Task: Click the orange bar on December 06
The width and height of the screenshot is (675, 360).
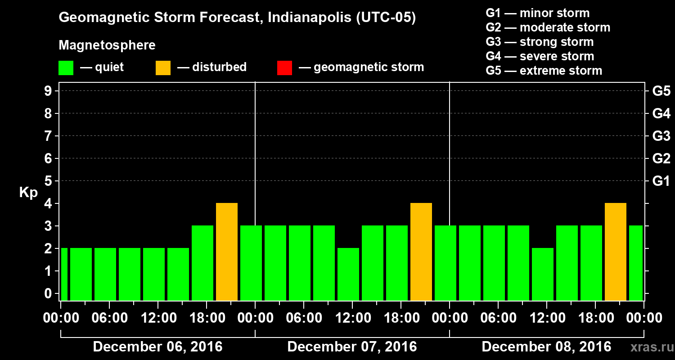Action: click(227, 252)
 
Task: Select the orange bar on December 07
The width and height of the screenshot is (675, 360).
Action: click(421, 252)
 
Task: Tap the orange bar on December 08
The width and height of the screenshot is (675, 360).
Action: click(616, 252)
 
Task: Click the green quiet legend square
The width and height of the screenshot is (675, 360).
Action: click(66, 67)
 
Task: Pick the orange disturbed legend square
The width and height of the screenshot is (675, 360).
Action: click(163, 67)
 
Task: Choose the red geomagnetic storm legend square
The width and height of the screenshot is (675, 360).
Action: click(284, 67)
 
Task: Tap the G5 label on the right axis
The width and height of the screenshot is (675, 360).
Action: click(661, 91)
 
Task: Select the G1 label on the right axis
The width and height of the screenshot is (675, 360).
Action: click(661, 181)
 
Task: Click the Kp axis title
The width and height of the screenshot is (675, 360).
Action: click(28, 193)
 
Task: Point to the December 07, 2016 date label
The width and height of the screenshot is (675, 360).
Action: click(352, 347)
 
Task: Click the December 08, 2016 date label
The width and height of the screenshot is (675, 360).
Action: click(546, 347)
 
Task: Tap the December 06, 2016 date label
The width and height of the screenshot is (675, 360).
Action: click(157, 347)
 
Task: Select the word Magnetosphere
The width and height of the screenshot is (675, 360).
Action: click(107, 45)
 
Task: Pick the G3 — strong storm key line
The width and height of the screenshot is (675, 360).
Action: click(540, 42)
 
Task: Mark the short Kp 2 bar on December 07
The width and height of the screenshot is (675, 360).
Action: click(348, 274)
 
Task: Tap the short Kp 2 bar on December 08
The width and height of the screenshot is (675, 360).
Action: click(543, 274)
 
